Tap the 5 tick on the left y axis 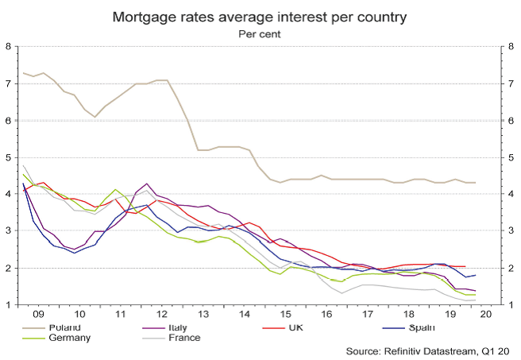(8, 157)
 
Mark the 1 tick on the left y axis (8, 305)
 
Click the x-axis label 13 (203, 315)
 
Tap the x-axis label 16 (326, 315)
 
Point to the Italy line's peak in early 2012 (148, 184)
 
